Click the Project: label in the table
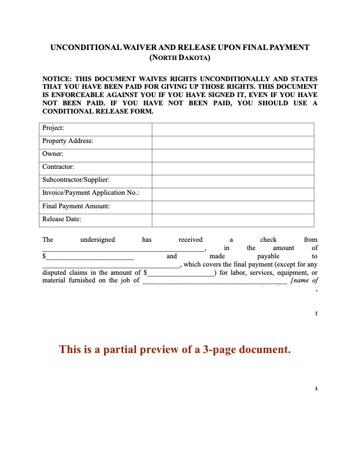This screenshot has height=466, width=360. pos(54,128)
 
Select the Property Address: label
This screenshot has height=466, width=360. pos(68,141)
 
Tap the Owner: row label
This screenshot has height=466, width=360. pos(53,154)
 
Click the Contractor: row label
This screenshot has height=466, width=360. pos(58,167)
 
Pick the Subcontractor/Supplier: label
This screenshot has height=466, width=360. pos(76,179)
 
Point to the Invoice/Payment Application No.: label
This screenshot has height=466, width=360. pos(91,192)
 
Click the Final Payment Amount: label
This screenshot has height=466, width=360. pos(76,206)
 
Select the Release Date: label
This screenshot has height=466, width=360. pos(62,219)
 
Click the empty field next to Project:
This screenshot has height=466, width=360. pos(233,128)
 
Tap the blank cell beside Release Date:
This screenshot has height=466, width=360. pos(233,219)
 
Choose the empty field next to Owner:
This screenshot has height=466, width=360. pos(233,154)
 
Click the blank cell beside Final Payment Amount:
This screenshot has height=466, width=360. pos(233,207)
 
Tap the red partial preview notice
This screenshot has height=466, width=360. pos(175,349)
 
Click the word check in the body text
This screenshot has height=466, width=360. pos(268,239)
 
